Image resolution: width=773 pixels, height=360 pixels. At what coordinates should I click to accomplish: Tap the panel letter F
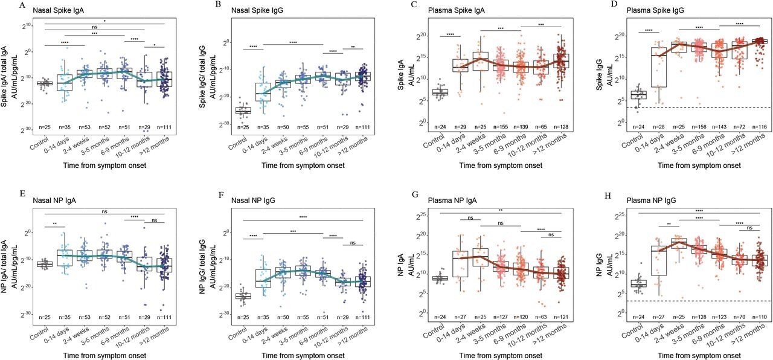[220, 193]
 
